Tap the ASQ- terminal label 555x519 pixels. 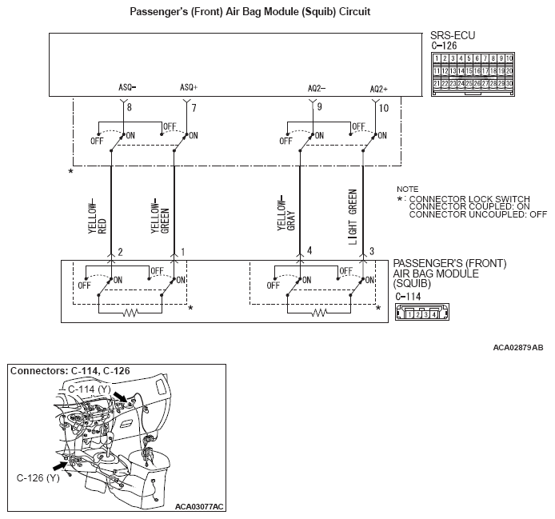point(126,87)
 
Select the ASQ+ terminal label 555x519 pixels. point(189,87)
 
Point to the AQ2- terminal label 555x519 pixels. point(317,87)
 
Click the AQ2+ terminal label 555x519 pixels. point(378,88)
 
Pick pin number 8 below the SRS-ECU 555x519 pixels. point(130,106)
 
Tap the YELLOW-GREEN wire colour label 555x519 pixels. point(160,214)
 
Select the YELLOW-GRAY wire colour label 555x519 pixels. point(285,214)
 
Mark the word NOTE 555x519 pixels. point(407,188)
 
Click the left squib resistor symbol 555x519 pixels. point(129,313)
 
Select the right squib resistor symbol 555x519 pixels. point(319,313)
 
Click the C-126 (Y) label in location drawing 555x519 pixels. point(38,477)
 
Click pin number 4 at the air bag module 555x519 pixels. point(309,252)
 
